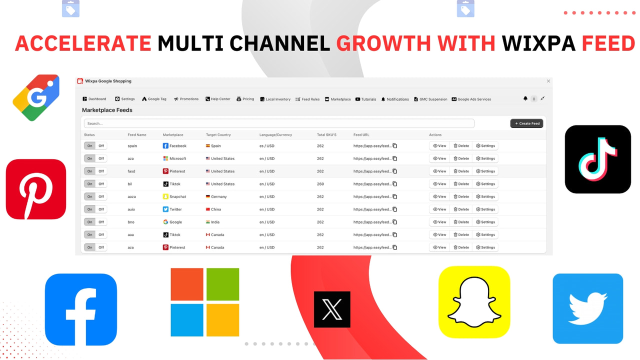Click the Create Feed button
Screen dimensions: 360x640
coord(526,123)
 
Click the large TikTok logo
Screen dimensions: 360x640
coord(597,159)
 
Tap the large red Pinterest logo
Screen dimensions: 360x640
coord(36,189)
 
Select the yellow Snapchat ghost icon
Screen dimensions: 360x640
coord(474,301)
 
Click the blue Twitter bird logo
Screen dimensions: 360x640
coord(587,308)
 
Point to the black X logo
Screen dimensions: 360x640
coord(332,309)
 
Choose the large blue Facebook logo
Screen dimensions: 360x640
coord(81,309)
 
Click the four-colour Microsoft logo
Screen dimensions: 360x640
coord(205,302)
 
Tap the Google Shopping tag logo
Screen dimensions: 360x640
coord(36,98)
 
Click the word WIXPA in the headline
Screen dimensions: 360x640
coord(538,44)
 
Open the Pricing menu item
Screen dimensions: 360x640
coord(245,99)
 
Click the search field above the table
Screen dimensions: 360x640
coord(279,123)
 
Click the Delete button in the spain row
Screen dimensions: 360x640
coord(461,146)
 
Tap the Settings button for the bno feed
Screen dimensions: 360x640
coord(485,222)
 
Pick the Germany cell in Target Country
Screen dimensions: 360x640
coord(218,196)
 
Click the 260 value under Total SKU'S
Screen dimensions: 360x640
coord(320,184)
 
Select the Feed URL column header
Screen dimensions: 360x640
coord(361,135)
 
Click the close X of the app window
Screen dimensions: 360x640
coord(548,81)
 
